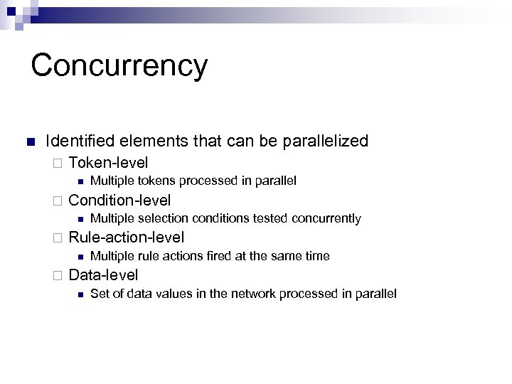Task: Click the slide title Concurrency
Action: point(119,65)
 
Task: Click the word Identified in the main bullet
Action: point(78,141)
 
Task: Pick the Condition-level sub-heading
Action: point(119,200)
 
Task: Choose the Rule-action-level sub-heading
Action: point(126,238)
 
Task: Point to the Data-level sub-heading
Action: point(103,275)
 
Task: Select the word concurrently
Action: point(326,219)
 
